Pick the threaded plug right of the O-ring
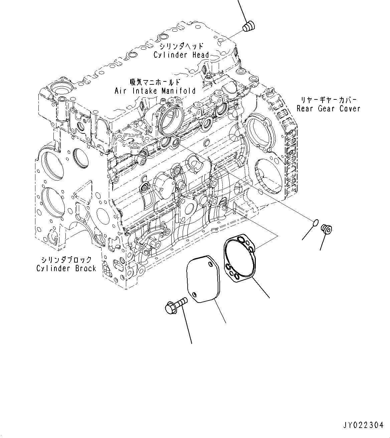click(x=326, y=229)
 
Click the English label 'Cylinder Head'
click(x=181, y=55)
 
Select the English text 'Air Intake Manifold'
click(x=155, y=91)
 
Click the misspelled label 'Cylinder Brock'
click(x=66, y=268)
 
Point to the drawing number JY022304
click(x=363, y=425)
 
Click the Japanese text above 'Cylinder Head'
click(x=181, y=46)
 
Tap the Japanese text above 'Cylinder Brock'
click(x=66, y=260)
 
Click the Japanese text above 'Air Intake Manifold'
click(x=155, y=82)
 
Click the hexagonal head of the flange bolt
click(x=170, y=308)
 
